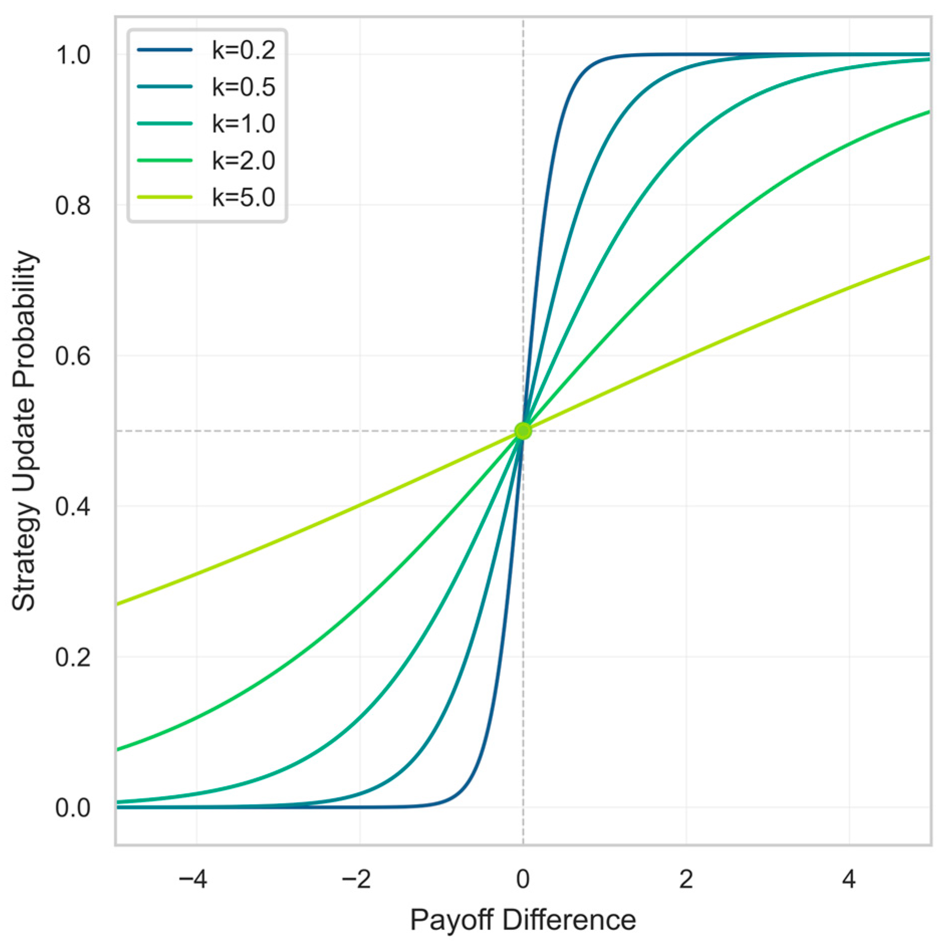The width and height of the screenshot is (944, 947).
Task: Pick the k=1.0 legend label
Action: [243, 123]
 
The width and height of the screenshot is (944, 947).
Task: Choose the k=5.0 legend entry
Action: [243, 197]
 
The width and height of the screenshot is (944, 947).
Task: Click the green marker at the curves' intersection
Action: [523, 431]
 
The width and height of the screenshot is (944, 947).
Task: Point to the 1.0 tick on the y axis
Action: [73, 55]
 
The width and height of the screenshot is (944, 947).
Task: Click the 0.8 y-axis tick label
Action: [73, 206]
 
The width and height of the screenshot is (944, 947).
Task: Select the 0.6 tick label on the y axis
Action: [73, 356]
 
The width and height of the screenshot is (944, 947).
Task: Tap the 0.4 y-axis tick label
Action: [73, 506]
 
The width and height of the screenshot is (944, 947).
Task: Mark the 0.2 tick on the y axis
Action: [73, 657]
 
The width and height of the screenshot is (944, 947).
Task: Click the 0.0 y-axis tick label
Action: [73, 808]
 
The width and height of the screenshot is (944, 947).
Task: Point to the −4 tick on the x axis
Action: [193, 879]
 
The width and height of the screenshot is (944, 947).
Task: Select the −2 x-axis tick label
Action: [356, 879]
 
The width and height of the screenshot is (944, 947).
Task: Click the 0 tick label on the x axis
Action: [523, 879]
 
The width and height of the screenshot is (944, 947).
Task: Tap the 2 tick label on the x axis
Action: [686, 879]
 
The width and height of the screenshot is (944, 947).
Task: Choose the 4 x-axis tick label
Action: [849, 879]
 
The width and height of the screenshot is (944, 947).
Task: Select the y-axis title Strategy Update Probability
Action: [24, 431]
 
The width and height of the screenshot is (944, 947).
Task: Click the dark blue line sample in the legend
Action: [165, 50]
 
